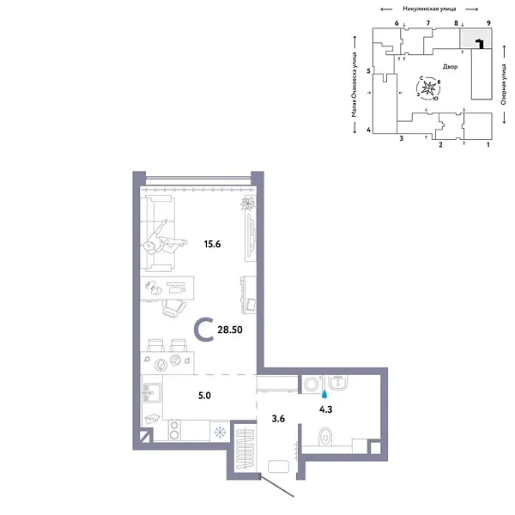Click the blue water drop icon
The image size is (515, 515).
[324, 396]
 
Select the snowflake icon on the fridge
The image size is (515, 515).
[220, 431]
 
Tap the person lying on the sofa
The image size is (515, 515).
[165, 237]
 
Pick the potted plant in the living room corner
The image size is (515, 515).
[248, 203]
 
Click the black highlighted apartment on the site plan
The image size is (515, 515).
[481, 43]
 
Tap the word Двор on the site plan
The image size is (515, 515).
[451, 65]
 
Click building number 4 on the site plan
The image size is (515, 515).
[367, 130]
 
